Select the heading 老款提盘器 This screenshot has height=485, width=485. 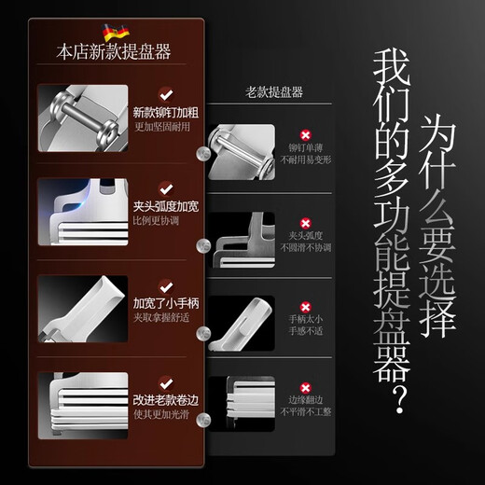(x=273, y=92)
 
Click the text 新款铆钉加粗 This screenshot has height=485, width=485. (x=165, y=113)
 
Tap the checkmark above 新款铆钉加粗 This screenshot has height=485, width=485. (x=166, y=93)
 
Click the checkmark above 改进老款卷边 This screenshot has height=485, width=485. (x=166, y=381)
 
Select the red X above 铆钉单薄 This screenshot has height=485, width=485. (x=304, y=134)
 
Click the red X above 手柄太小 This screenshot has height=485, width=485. (x=304, y=307)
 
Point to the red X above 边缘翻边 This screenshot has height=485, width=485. (x=304, y=387)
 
